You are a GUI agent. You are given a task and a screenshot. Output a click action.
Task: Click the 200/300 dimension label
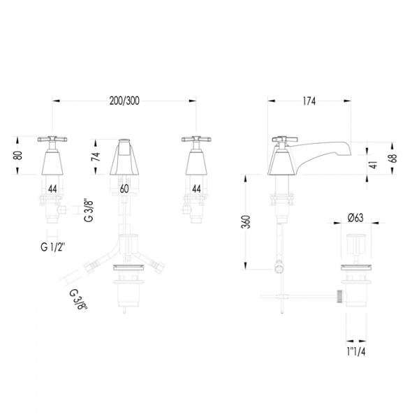coord(124,101)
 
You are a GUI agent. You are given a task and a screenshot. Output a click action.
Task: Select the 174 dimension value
coord(309,101)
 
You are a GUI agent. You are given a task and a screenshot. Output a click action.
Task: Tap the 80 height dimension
coord(17,156)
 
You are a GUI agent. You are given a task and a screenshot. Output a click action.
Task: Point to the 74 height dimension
coord(96,156)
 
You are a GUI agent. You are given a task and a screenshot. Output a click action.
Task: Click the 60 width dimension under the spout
coord(124,189)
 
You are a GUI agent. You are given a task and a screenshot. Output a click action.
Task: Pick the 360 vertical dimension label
coord(246,221)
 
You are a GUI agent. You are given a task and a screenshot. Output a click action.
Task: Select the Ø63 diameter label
coord(355,217)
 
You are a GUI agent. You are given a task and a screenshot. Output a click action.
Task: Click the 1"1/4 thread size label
coord(356,352)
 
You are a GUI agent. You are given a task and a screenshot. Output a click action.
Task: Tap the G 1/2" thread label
coord(53,247)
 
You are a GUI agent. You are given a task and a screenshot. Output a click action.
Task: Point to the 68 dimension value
coord(394,159)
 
